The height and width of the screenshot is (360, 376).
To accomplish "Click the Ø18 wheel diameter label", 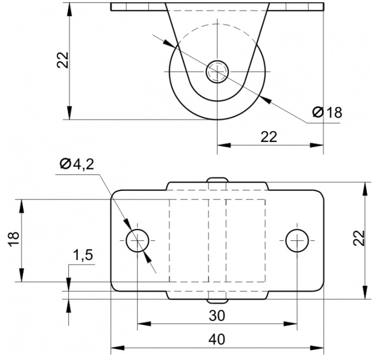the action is click(327, 112).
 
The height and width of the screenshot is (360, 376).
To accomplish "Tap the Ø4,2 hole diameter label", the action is click(77, 164).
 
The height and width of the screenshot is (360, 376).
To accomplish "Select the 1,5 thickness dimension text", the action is click(82, 255).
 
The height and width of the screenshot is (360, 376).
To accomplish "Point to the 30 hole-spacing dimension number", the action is click(217, 316).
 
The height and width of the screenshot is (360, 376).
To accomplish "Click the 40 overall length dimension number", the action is click(217, 339).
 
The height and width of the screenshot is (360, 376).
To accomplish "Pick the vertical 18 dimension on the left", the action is click(14, 239).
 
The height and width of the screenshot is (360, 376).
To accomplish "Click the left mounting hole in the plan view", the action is click(137, 240).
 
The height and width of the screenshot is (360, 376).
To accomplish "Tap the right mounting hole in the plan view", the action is click(297, 240).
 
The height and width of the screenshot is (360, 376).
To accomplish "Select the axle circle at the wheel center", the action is click(217, 71).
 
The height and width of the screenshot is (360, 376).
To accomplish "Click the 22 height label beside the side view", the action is click(63, 60).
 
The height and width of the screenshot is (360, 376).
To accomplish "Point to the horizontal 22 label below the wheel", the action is click(269, 137).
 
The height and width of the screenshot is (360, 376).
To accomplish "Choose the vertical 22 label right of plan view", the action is click(359, 238).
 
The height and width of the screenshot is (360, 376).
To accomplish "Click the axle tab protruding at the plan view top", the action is click(217, 180).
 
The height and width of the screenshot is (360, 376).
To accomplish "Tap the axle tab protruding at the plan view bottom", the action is click(217, 301).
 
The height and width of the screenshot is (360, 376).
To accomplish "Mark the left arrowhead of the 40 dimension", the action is click(118, 348).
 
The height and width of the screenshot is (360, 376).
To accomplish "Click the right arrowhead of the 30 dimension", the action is click(290, 324).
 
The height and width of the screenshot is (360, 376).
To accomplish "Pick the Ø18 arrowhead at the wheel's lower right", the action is click(266, 99).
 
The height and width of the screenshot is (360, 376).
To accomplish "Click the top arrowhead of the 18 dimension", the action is click(22, 206).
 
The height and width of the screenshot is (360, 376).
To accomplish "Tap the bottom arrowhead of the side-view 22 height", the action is click(70, 113).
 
